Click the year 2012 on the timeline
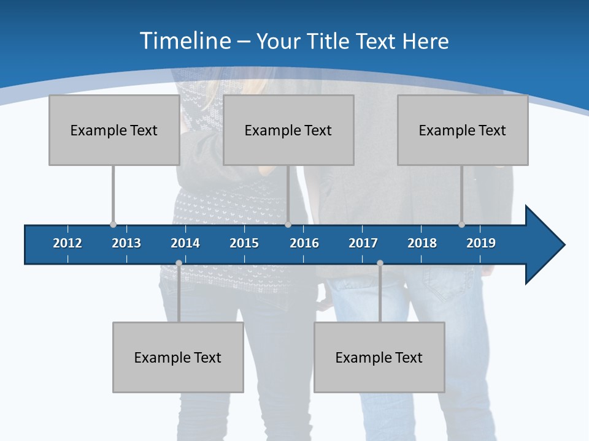click(67, 243)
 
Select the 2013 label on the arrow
click(126, 243)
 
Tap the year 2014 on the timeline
click(185, 243)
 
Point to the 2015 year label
click(244, 243)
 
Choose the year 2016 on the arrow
click(304, 243)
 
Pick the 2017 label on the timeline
click(363, 243)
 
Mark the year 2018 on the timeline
click(422, 243)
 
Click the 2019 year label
click(481, 243)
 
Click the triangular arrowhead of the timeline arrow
click(543, 245)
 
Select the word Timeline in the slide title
click(184, 41)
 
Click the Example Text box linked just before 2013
click(114, 130)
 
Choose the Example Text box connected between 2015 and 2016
click(288, 130)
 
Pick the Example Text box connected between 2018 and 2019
click(463, 130)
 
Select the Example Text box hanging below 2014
click(178, 357)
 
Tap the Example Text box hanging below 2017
click(379, 357)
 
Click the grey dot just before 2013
click(113, 225)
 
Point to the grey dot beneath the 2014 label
click(179, 263)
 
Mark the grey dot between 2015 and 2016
click(288, 225)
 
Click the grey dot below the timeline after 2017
click(380, 263)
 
